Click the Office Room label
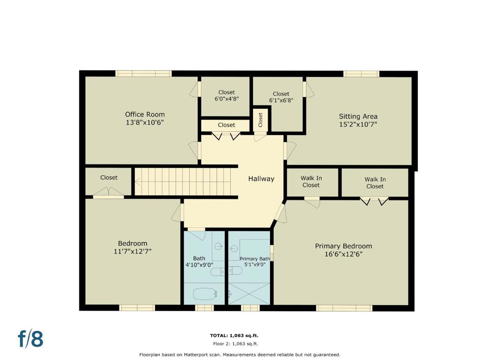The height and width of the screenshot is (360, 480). click(145, 114)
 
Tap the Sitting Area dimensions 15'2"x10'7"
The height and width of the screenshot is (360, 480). click(358, 124)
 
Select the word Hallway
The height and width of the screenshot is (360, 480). click(261, 179)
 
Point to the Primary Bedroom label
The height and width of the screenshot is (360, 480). click(344, 246)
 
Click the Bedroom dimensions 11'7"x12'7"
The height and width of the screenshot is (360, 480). click(133, 251)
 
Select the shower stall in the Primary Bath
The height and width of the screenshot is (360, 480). click(249, 294)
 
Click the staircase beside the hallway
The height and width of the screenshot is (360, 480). click(183, 181)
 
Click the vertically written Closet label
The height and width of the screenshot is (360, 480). click(261, 120)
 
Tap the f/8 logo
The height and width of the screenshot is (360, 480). click(30, 338)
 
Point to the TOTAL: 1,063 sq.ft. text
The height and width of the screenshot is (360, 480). click(234, 336)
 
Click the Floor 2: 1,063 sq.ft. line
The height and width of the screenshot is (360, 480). click(236, 344)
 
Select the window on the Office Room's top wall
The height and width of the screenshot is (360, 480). click(143, 74)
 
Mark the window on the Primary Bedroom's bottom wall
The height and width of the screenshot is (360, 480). click(344, 308)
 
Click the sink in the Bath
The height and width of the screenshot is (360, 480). click(218, 246)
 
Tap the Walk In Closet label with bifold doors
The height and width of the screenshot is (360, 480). click(375, 183)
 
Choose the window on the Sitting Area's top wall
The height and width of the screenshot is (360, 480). click(361, 74)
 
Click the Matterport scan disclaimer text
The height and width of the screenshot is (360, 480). click(240, 355)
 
